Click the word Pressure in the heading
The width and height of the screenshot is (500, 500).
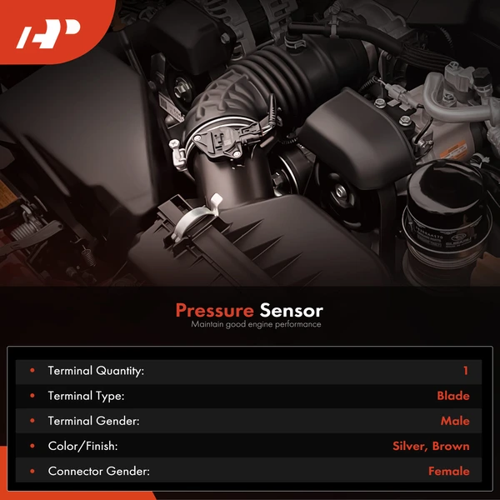point(214,311)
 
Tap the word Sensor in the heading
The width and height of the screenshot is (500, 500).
point(291,311)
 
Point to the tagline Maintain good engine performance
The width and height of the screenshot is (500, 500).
point(255,325)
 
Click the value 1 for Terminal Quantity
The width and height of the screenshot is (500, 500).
point(465,371)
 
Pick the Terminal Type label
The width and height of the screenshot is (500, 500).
point(86,396)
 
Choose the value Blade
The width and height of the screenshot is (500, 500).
point(452,396)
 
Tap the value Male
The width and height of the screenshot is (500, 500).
point(455,421)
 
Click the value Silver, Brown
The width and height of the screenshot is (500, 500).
point(431,446)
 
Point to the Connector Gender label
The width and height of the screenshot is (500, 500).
point(98,471)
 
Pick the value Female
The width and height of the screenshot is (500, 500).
point(448,471)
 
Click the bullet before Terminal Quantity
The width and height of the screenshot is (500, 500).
point(32,371)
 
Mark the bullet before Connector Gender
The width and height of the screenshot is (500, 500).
point(32,471)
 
